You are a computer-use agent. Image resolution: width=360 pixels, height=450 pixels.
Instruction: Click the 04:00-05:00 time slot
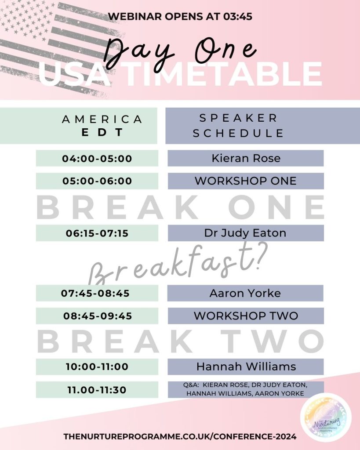[97, 158]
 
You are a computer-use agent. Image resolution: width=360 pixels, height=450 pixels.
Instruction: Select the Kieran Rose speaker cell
[246, 158]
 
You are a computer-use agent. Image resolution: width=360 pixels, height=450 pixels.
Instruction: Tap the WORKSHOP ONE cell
[246, 181]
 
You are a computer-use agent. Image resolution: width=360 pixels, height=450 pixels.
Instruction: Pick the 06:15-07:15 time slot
[97, 233]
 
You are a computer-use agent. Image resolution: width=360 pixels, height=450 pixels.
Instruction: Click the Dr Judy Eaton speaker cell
[246, 233]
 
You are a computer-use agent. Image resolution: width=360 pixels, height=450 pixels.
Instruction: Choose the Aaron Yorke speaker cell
[246, 293]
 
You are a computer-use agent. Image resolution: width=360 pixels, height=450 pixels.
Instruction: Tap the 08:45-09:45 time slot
[97, 316]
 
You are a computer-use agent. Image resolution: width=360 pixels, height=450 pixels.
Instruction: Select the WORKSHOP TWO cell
[246, 316]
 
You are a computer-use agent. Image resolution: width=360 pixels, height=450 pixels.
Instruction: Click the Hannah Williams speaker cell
[246, 367]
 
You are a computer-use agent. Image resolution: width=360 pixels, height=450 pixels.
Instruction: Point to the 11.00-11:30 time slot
[97, 390]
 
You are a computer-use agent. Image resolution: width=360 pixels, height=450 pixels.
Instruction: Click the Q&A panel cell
[246, 389]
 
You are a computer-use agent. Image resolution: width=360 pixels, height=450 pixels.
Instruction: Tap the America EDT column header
[79, 126]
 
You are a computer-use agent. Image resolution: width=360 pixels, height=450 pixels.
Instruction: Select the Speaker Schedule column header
[263, 126]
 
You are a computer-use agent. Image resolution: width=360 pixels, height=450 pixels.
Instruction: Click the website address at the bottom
[180, 436]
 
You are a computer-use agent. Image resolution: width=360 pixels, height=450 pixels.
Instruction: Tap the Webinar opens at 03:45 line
[180, 16]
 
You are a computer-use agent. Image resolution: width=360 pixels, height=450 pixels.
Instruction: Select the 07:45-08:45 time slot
[97, 293]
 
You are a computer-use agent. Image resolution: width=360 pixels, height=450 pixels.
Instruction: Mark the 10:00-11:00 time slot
[97, 367]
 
